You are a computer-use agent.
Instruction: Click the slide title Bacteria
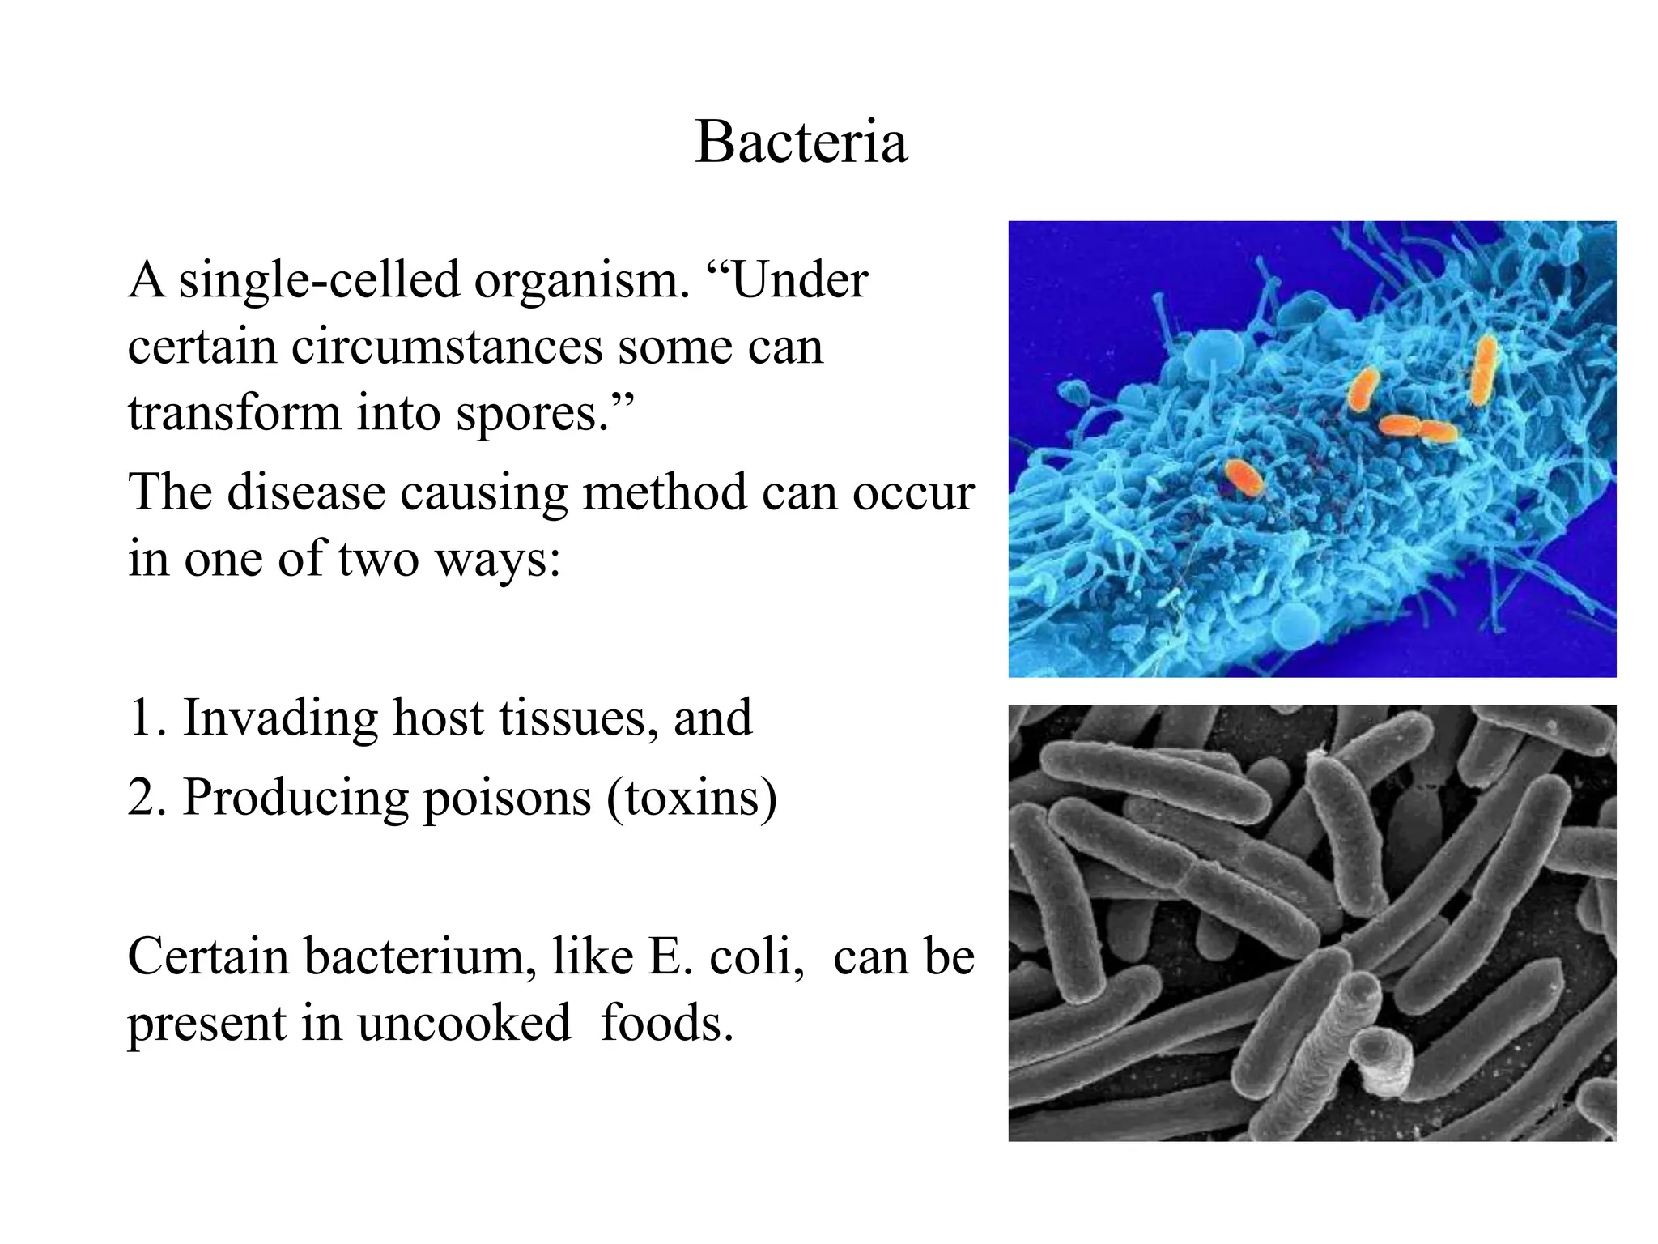point(801,143)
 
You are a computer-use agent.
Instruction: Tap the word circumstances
point(447,347)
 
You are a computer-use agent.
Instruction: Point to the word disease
point(305,492)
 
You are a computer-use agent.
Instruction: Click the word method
point(664,492)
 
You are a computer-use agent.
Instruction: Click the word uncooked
point(464,1024)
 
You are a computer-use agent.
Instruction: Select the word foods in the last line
point(665,1024)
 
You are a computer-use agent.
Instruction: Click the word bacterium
point(420,957)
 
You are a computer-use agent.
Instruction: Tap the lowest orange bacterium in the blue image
point(1243,478)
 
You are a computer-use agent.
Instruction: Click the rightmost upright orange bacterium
point(1483,370)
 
